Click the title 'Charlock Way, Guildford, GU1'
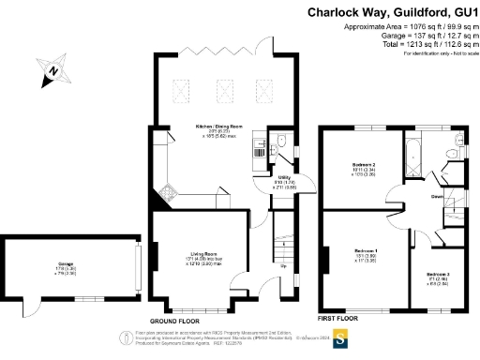(391, 12)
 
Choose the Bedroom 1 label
(365, 251)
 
